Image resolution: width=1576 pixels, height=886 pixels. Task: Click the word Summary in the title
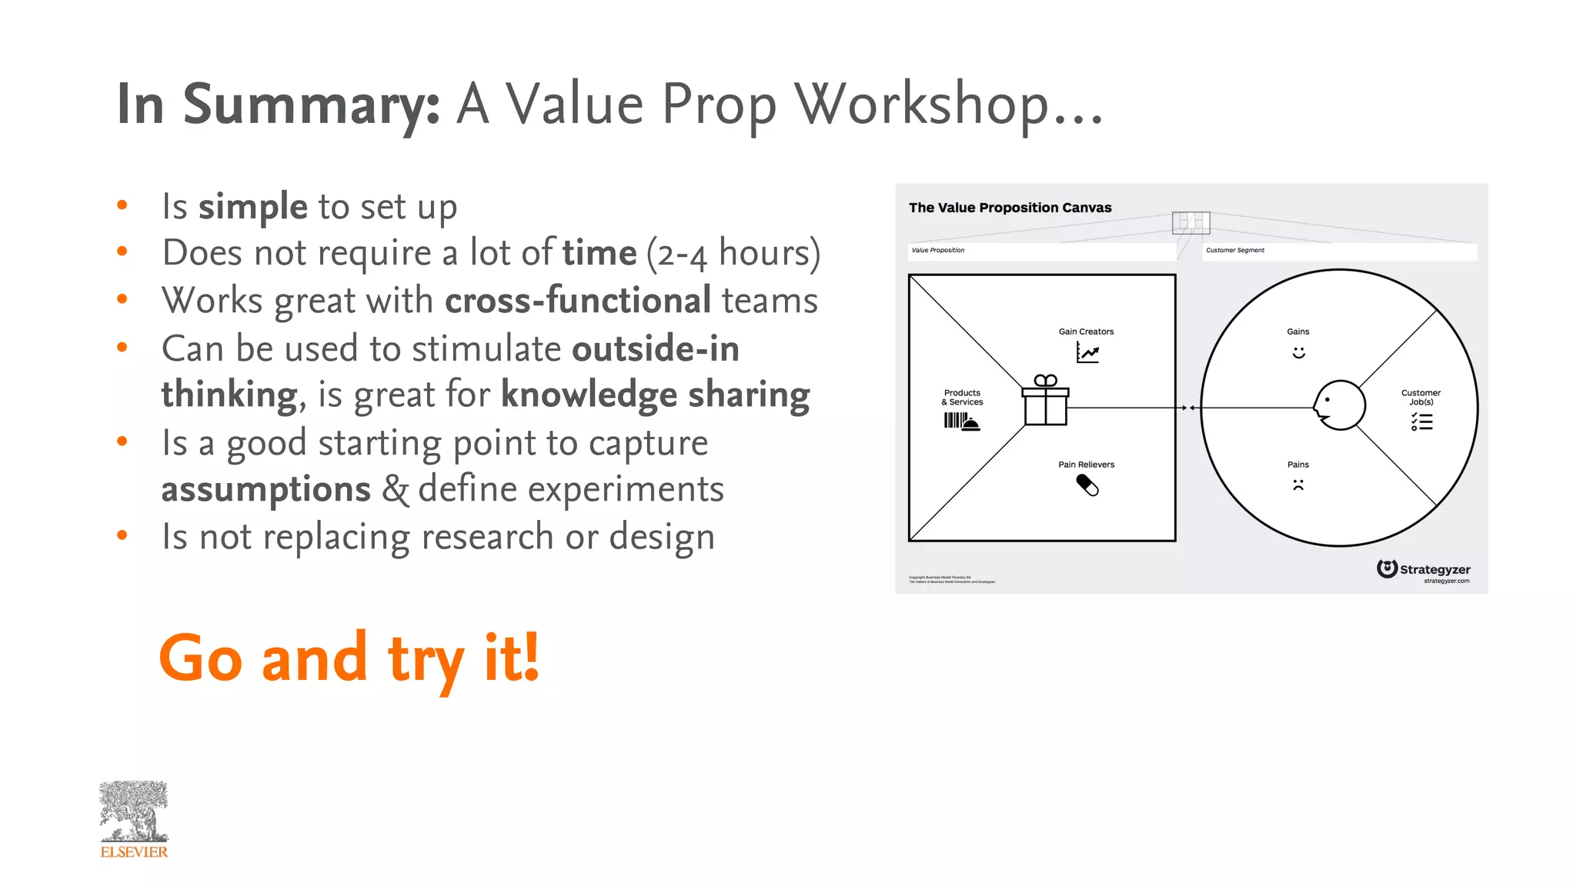pos(311,105)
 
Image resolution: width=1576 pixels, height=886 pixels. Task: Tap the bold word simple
pos(253,206)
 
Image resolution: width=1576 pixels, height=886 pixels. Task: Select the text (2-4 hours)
pos(733,253)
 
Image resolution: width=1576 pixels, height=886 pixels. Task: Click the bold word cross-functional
pos(577,300)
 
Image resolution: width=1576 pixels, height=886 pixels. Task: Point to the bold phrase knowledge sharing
pos(655,395)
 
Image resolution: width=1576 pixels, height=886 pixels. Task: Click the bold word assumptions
pos(265,489)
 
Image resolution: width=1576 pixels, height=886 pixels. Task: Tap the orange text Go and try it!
pos(349,658)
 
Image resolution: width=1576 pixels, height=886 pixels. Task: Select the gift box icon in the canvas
pos(1045,401)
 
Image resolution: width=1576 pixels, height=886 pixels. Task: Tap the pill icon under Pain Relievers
pos(1087,485)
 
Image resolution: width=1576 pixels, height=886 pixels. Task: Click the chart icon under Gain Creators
pos(1087,352)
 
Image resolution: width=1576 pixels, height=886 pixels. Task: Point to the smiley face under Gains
pos(1298,352)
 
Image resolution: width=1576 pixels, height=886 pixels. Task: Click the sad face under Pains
pos(1298,485)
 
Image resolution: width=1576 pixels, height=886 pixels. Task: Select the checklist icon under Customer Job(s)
pos(1421,421)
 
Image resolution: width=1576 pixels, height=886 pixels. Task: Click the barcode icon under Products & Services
pos(961,421)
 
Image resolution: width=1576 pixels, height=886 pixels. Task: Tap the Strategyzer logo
pos(1424,570)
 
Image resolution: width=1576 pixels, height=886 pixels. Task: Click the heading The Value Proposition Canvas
pos(1010,208)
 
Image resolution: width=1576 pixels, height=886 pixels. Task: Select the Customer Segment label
pos(1234,250)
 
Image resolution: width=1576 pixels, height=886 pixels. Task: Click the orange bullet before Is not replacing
pos(122,535)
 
